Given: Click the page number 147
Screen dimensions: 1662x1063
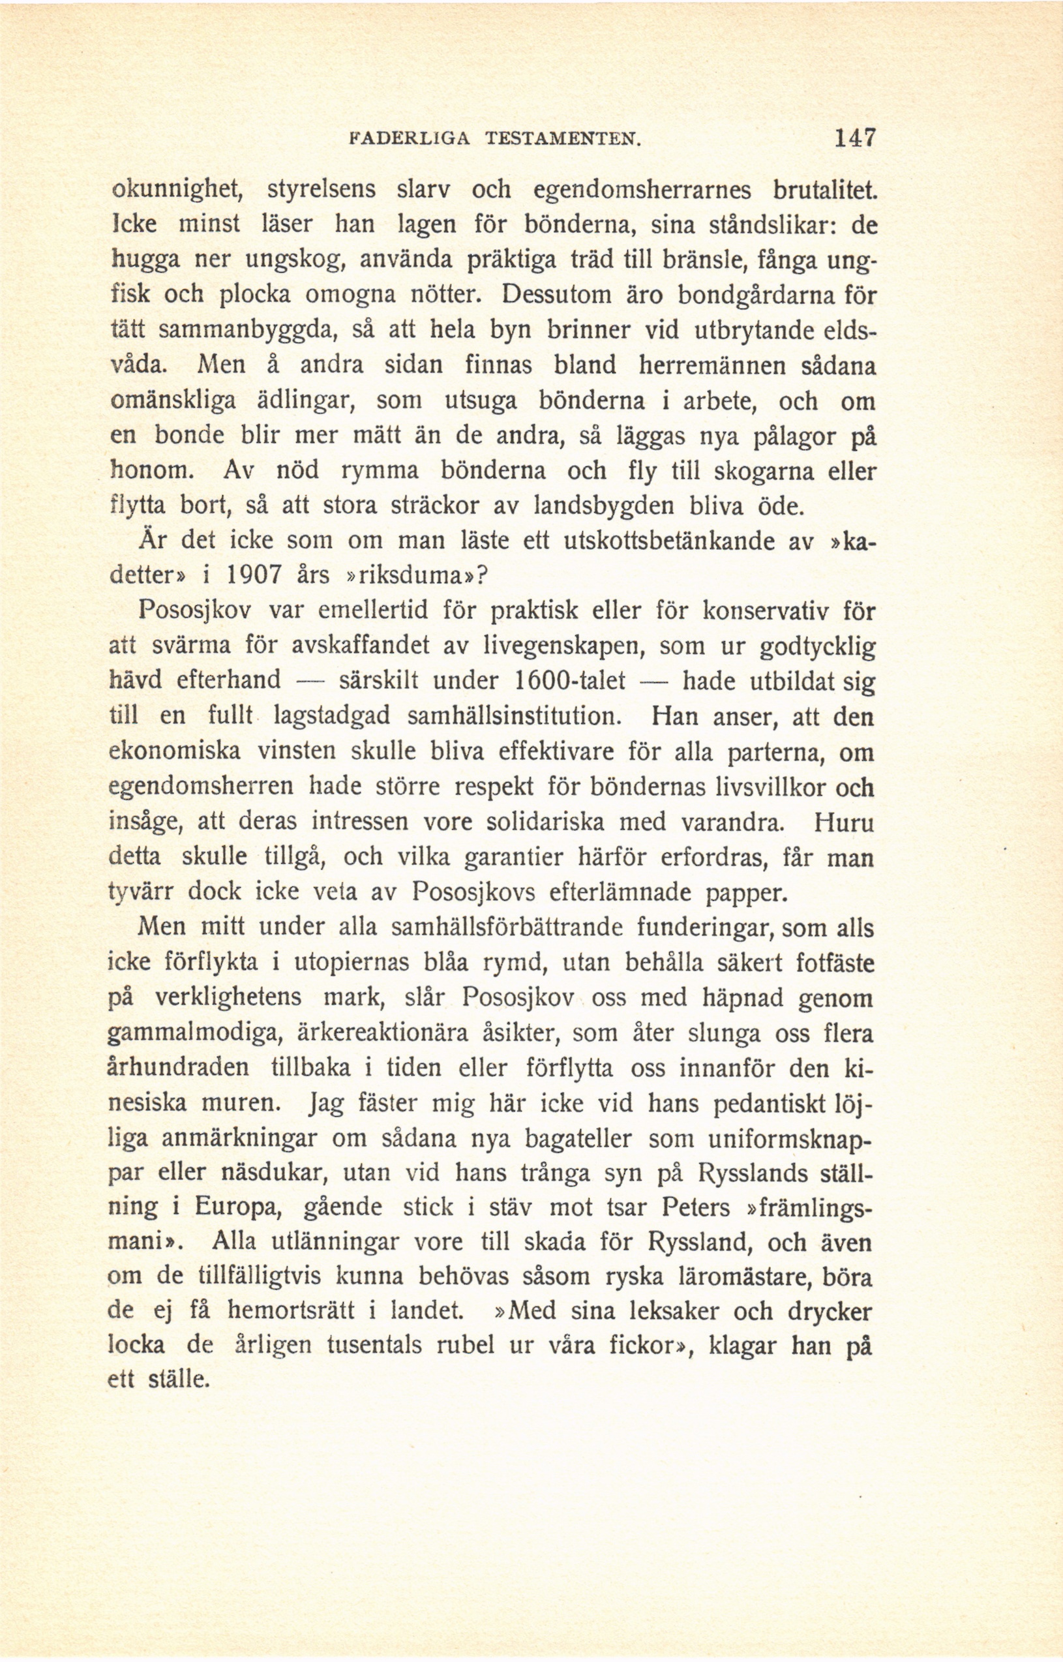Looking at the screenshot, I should (x=854, y=138).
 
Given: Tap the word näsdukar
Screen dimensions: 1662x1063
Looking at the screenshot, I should (x=275, y=1175).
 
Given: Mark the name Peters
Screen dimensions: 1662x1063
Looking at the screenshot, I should (x=695, y=1209).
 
